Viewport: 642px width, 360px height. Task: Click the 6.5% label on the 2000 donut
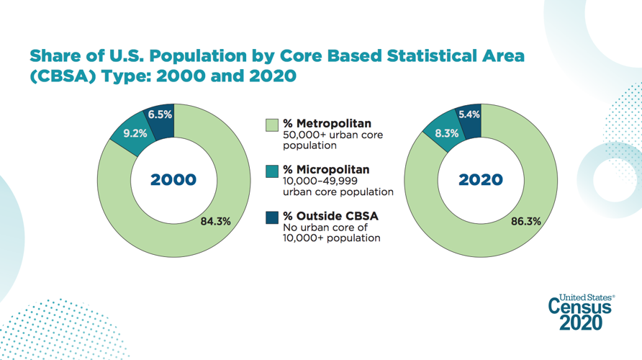[160, 114]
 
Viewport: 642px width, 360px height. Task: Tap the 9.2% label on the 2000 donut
[135, 132]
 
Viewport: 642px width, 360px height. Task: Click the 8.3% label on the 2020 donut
[446, 132]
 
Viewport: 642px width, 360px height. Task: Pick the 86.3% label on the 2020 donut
[525, 221]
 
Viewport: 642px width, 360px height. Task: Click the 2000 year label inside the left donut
[173, 180]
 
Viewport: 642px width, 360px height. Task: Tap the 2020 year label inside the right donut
[481, 180]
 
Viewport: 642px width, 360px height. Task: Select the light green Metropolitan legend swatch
[271, 125]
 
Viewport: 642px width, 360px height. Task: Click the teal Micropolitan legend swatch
[271, 171]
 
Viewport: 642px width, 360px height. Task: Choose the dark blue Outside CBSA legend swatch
[271, 217]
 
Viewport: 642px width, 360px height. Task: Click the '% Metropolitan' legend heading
[327, 124]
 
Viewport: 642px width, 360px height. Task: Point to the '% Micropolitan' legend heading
[326, 170]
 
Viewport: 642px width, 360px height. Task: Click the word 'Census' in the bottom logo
[580, 307]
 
